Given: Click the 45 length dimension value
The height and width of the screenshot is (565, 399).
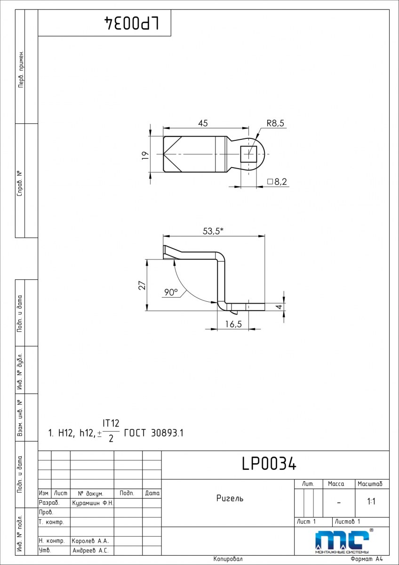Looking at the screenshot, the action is [x=203, y=123].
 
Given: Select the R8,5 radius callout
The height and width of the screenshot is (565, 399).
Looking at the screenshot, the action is [x=275, y=123].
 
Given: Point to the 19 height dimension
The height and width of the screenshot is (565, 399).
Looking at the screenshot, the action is [x=145, y=155].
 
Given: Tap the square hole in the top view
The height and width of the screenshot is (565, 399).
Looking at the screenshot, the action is [x=248, y=154].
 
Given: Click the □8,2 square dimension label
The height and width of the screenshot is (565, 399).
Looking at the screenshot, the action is [x=277, y=182].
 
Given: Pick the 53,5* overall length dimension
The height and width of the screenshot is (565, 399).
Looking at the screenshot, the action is [x=213, y=231].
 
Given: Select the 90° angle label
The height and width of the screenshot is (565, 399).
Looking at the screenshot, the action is [x=171, y=292].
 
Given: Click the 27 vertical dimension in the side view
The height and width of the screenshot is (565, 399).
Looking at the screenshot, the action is [x=143, y=285].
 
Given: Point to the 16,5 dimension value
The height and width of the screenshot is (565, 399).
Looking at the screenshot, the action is [x=233, y=324].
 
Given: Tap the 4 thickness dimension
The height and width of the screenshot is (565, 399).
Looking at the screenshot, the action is [x=279, y=307].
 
